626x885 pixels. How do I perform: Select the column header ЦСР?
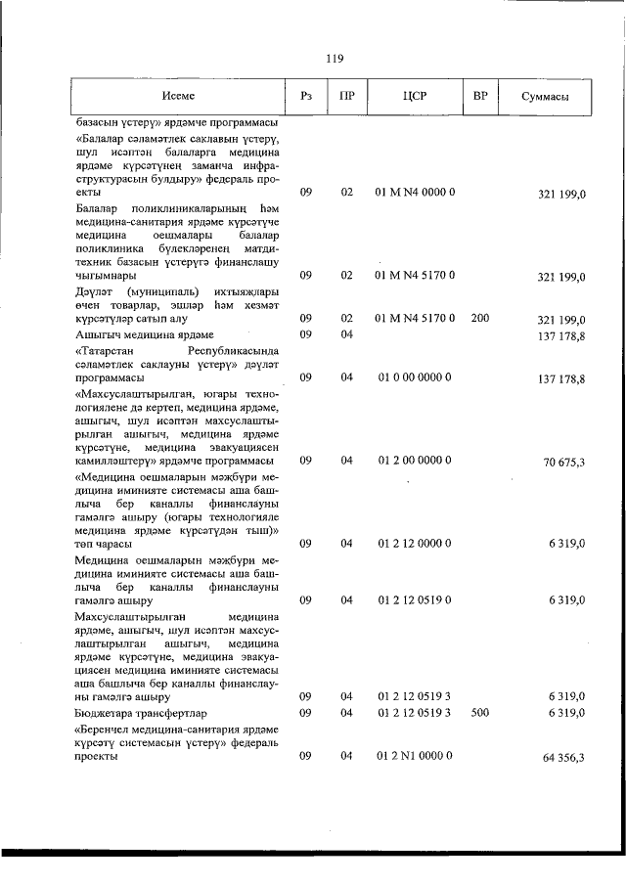pos(415,97)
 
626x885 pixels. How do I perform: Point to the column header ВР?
pos(480,97)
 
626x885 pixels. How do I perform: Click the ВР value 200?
pos(480,319)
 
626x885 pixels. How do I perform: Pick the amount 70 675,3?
pos(564,461)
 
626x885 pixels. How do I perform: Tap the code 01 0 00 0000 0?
pos(415,377)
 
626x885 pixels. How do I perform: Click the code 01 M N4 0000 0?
pos(415,194)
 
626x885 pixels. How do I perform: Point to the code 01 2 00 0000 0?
pos(415,460)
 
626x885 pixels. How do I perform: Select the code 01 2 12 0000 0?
pos(415,543)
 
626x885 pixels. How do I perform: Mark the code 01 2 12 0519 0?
pos(415,599)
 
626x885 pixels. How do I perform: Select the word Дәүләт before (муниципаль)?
pos(93,291)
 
